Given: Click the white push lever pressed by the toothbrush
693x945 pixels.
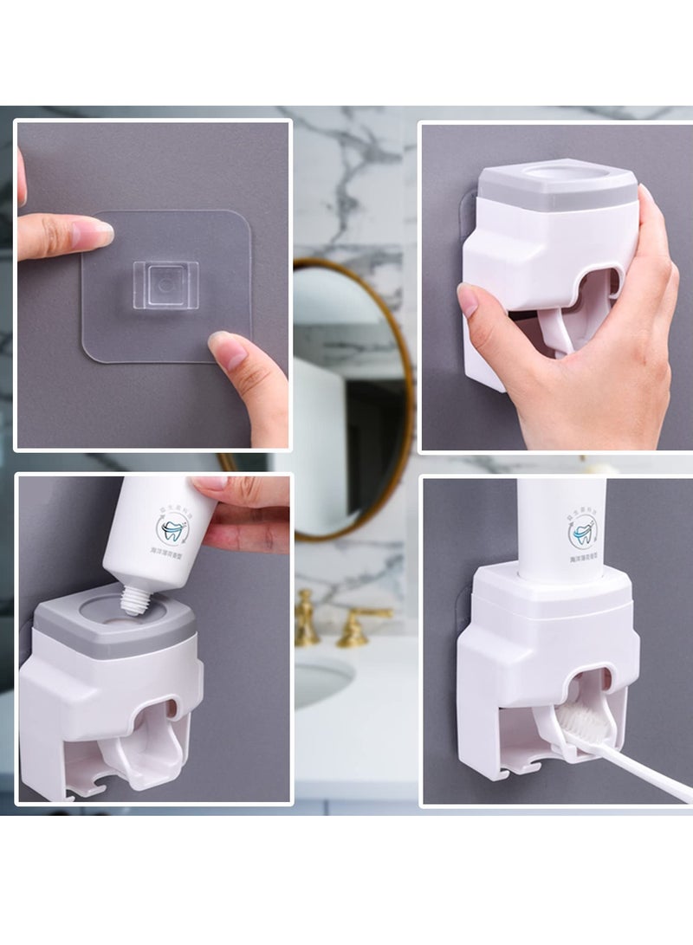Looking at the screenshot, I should pos(555,737).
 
